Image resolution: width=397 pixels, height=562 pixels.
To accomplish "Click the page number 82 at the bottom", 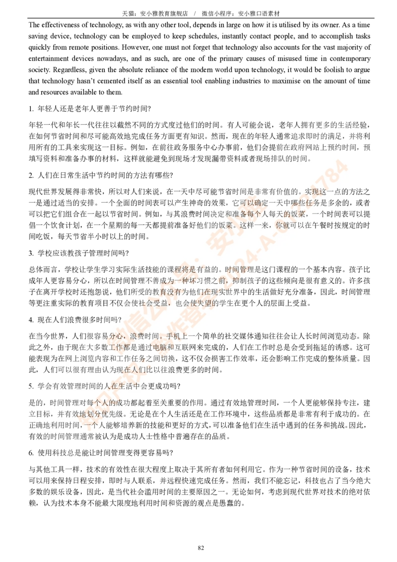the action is (200, 548).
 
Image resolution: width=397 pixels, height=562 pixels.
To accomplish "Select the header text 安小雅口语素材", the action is (259, 13).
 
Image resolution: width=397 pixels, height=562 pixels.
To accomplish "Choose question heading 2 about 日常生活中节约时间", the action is (101, 175).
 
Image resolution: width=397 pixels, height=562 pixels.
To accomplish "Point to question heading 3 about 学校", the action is (79, 253).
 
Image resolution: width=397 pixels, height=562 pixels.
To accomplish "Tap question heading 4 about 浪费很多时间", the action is (75, 320).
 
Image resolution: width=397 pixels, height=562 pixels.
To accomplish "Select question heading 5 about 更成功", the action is (105, 386).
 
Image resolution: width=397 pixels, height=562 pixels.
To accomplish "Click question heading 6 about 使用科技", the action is (101, 453).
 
